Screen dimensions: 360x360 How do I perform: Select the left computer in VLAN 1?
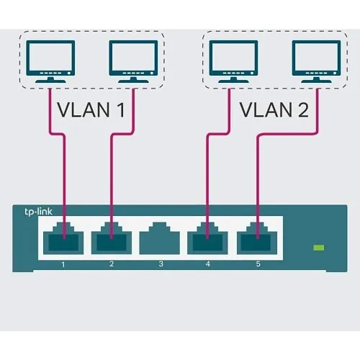click(50, 61)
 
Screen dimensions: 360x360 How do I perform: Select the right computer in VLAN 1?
click(133, 61)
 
